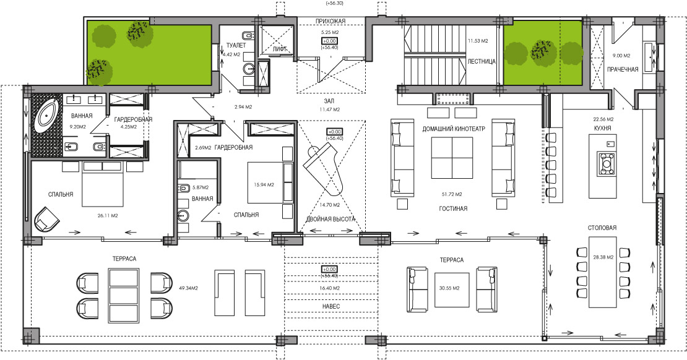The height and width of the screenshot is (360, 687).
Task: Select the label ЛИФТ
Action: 280,49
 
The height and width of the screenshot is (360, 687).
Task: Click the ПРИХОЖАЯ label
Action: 331,21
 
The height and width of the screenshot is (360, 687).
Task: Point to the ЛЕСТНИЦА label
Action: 482,62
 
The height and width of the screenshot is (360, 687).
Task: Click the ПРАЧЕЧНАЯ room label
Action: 623,70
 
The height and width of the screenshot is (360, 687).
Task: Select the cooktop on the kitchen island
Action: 607,164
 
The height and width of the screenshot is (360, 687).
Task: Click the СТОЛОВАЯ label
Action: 602,228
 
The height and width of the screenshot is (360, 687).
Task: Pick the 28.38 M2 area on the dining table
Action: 603,257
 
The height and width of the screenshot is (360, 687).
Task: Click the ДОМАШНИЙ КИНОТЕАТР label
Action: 454,129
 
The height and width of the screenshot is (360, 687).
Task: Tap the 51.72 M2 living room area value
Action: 452,194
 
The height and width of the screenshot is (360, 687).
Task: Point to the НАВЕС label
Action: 331,307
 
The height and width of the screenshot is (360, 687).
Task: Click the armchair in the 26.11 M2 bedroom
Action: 46,218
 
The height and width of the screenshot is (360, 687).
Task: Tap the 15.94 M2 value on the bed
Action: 264,185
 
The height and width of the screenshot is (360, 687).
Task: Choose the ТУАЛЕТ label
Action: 236,45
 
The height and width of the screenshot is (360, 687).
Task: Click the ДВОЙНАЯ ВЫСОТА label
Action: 331,219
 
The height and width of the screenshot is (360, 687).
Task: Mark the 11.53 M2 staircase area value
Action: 478,41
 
